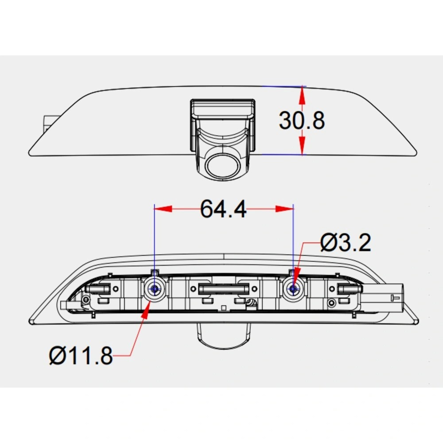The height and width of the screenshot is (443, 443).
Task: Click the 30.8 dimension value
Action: [x=302, y=120]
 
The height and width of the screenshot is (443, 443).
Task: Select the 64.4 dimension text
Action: [x=223, y=209]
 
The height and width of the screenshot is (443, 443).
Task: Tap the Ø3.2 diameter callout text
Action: [x=346, y=242]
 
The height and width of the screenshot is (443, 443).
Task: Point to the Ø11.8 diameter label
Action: [x=81, y=356]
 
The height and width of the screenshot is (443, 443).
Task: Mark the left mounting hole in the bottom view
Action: [x=154, y=289]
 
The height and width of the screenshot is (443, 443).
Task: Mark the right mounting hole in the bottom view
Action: [x=293, y=289]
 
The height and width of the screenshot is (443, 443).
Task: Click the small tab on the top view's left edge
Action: [x=48, y=122]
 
